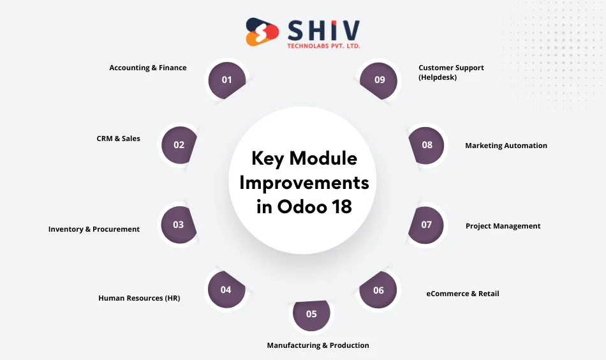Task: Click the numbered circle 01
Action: [x=227, y=80]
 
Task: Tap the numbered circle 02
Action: [x=179, y=145]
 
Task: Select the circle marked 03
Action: [x=178, y=225]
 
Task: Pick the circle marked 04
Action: [x=226, y=290]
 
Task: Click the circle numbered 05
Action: [x=311, y=313]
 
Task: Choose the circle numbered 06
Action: [x=379, y=290]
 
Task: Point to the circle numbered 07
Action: [x=426, y=225]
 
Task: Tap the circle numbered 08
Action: [x=427, y=145]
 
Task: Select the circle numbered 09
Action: [x=380, y=80]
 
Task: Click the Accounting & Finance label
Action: [x=148, y=68]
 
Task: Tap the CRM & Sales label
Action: [x=119, y=139]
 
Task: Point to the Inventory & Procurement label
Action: [x=94, y=229]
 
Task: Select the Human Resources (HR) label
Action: [x=139, y=298]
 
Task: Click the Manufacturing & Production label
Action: [x=318, y=345]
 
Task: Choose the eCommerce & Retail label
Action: [x=462, y=294]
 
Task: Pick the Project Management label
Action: [x=503, y=226]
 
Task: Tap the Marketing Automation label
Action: [x=506, y=146]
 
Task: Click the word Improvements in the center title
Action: [x=304, y=183]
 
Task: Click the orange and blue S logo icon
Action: [x=262, y=31]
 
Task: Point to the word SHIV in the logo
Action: [x=323, y=29]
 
